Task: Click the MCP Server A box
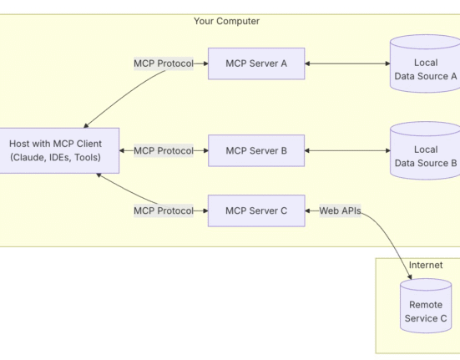(256, 63)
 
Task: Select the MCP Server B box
(256, 151)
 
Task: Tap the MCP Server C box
(256, 210)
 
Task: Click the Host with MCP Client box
(56, 150)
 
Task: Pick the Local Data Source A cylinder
(426, 63)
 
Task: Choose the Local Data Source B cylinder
(426, 150)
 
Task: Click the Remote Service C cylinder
(426, 306)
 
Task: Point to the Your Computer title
(226, 21)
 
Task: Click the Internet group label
(426, 265)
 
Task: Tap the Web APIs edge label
(340, 210)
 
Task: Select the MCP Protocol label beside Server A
(164, 63)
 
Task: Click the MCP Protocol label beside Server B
(164, 151)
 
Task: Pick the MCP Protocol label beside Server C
(164, 210)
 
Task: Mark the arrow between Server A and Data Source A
(347, 63)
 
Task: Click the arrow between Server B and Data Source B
(347, 151)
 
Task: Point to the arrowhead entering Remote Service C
(410, 276)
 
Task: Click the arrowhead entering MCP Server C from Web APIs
(307, 210)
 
